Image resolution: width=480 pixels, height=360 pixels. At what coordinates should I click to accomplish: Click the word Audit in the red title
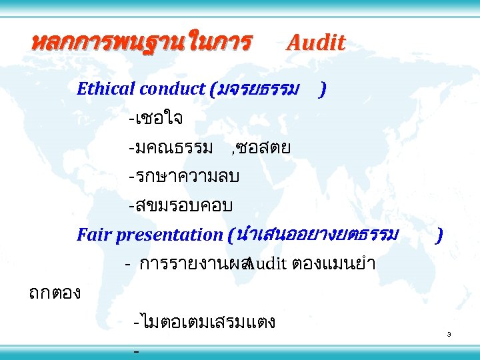(x=315, y=43)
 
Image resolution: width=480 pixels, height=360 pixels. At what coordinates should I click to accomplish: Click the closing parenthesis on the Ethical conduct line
(x=323, y=89)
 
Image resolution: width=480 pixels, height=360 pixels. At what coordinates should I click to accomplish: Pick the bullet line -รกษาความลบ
(x=185, y=177)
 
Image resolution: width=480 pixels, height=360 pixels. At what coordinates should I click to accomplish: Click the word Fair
(x=93, y=235)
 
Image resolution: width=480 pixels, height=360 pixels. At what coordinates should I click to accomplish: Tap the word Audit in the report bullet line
(x=267, y=264)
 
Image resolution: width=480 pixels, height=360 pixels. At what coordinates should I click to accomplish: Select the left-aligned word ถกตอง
(x=55, y=292)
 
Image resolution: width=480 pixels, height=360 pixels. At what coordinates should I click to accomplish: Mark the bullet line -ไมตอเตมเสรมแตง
(x=205, y=323)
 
